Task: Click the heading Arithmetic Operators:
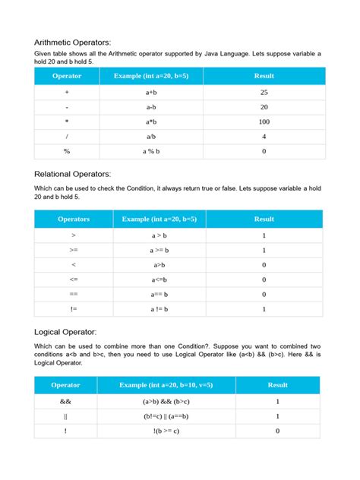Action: coord(77,43)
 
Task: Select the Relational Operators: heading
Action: coord(77,174)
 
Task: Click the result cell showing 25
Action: coord(264,92)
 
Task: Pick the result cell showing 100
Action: coord(264,122)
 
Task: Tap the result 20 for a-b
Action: coord(264,107)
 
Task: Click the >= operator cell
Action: coord(73,250)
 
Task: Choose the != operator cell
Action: coord(73,309)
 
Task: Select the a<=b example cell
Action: coord(159,279)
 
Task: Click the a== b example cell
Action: coord(159,294)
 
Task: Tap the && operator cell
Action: coord(66,401)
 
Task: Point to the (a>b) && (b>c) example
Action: coord(166,401)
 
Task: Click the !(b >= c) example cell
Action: coord(166,431)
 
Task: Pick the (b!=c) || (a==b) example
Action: coord(166,416)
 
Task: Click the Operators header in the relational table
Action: coord(73,219)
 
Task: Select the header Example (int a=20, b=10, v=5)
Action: coord(166,385)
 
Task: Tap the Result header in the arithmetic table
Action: coord(264,77)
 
